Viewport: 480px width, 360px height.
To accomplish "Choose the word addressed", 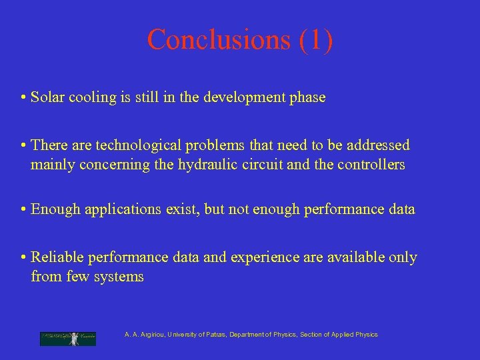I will click(379, 145).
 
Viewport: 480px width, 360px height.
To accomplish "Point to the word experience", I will click(265, 257).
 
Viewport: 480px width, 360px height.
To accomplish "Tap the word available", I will click(352, 257).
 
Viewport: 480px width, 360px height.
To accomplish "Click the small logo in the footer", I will click(67, 339).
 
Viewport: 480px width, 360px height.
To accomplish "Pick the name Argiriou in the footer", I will click(150, 335).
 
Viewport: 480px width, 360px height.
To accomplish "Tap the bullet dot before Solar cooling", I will click(23, 98).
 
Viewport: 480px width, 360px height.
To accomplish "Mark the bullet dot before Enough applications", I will click(23, 210).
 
